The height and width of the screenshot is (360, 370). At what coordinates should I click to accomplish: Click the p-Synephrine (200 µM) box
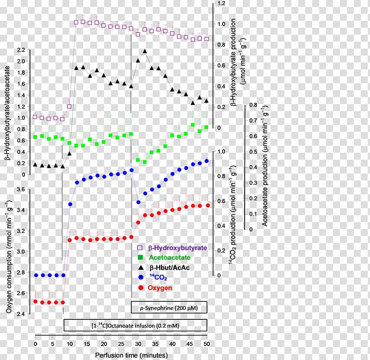pyautogui.click(x=169, y=308)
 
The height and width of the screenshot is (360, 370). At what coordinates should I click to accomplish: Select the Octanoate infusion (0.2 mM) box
pyautogui.click(x=135, y=325)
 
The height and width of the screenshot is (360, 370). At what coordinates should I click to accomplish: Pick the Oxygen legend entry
pyautogui.click(x=160, y=288)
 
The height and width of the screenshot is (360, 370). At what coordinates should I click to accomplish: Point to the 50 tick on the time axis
pyautogui.click(x=206, y=344)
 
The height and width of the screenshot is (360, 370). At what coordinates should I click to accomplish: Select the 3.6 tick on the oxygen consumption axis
pyautogui.click(x=20, y=189)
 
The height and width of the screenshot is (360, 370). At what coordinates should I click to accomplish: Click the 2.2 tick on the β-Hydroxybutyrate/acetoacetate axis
pyautogui.click(x=20, y=50)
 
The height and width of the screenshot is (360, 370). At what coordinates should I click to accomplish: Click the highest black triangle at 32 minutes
pyautogui.click(x=145, y=51)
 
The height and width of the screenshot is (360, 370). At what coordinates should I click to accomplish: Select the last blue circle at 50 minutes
pyautogui.click(x=206, y=161)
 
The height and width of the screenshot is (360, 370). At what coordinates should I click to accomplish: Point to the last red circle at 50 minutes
pyautogui.click(x=207, y=205)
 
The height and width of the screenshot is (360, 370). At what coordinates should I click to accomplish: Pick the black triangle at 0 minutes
pyautogui.click(x=36, y=164)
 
